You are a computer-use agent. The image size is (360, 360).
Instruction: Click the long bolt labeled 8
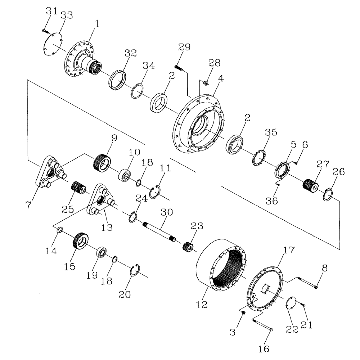click(x=306, y=283)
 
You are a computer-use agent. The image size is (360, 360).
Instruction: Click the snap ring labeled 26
click(x=327, y=195)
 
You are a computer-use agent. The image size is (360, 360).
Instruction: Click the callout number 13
click(x=107, y=227)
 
